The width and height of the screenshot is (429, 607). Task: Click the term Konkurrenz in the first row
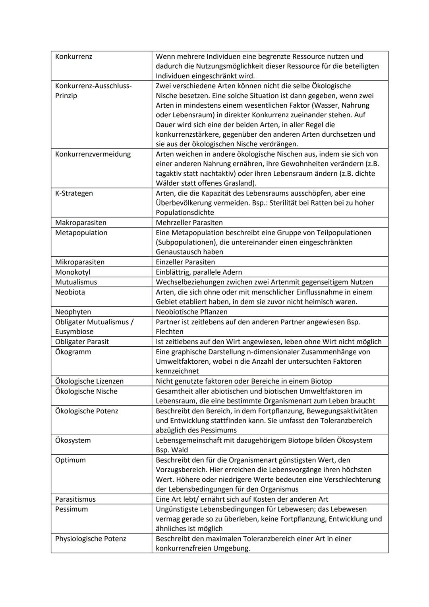(x=73, y=56)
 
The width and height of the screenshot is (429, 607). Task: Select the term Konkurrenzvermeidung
(x=93, y=154)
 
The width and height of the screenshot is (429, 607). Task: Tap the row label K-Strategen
(x=74, y=193)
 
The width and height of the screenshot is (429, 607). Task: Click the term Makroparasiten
(x=81, y=223)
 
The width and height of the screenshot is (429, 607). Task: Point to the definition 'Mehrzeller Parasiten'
(x=189, y=223)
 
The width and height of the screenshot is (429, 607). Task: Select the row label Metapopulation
(x=81, y=233)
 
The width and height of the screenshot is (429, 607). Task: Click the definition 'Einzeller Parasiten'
(x=185, y=262)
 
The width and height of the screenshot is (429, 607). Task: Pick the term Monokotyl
(x=73, y=272)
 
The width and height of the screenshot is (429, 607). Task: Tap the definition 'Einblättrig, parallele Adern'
(x=199, y=272)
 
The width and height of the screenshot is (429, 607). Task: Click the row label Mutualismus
(x=76, y=282)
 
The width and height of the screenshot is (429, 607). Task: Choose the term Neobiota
(x=70, y=292)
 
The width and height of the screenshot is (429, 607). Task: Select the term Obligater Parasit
(x=82, y=341)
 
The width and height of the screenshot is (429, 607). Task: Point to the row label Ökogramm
(x=73, y=351)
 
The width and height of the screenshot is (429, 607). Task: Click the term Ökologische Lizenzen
(x=89, y=381)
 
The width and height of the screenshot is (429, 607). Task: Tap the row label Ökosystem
(x=73, y=440)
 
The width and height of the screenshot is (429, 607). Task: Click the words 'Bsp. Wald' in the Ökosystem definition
(x=172, y=450)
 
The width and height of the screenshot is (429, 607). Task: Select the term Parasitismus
(x=75, y=499)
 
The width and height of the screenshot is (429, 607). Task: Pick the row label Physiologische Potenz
(x=91, y=539)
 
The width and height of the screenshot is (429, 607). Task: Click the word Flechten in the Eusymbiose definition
(x=170, y=332)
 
